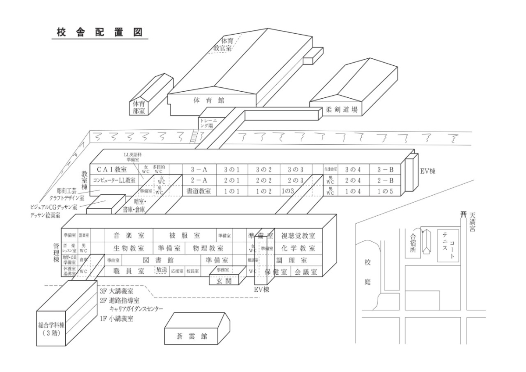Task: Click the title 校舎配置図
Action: point(100,33)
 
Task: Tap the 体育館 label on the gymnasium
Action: point(209,100)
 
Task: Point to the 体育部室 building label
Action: point(139,107)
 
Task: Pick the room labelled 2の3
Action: point(296,180)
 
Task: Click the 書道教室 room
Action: point(199,191)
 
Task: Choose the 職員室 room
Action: point(129,271)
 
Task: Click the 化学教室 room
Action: point(299,248)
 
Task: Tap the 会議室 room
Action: point(306,272)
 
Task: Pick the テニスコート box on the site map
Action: point(448,246)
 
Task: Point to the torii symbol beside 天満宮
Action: point(462,215)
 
